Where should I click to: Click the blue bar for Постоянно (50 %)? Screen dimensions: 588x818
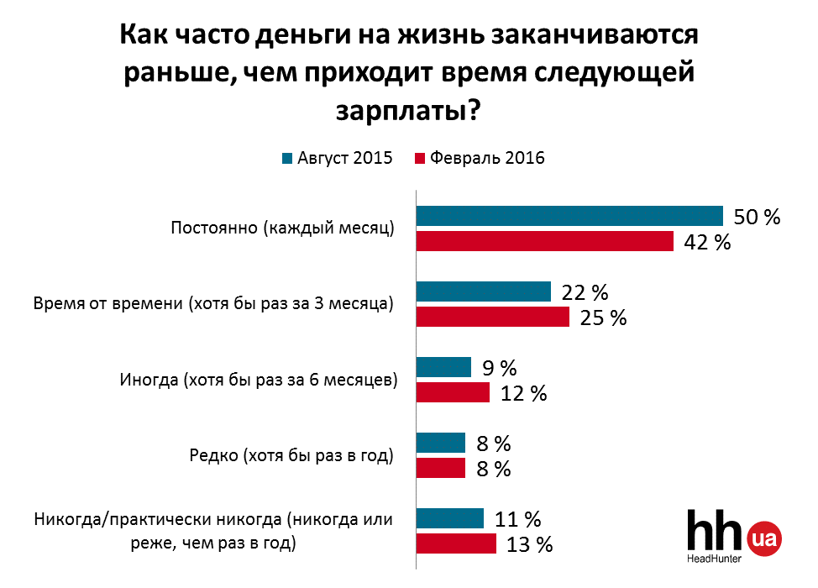point(569,216)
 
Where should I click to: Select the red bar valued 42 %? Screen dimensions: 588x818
point(545,241)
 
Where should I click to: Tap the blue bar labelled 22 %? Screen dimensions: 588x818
point(483,291)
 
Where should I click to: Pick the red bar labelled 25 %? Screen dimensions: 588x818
point(492,317)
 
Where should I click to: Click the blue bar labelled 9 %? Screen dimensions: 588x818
point(443,367)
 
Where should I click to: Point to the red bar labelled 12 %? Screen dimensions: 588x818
point(453,392)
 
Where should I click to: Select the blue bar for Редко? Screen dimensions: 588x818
point(440,443)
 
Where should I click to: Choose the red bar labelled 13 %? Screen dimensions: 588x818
point(456,543)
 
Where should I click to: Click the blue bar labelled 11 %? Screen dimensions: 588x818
point(450,518)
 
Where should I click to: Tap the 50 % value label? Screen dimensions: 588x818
point(757,217)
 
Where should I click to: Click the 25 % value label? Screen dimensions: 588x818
point(602,318)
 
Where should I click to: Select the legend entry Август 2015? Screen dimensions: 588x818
point(337,159)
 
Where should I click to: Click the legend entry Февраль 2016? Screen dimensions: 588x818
point(480,159)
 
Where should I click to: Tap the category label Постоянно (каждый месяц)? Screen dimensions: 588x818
point(282,228)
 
